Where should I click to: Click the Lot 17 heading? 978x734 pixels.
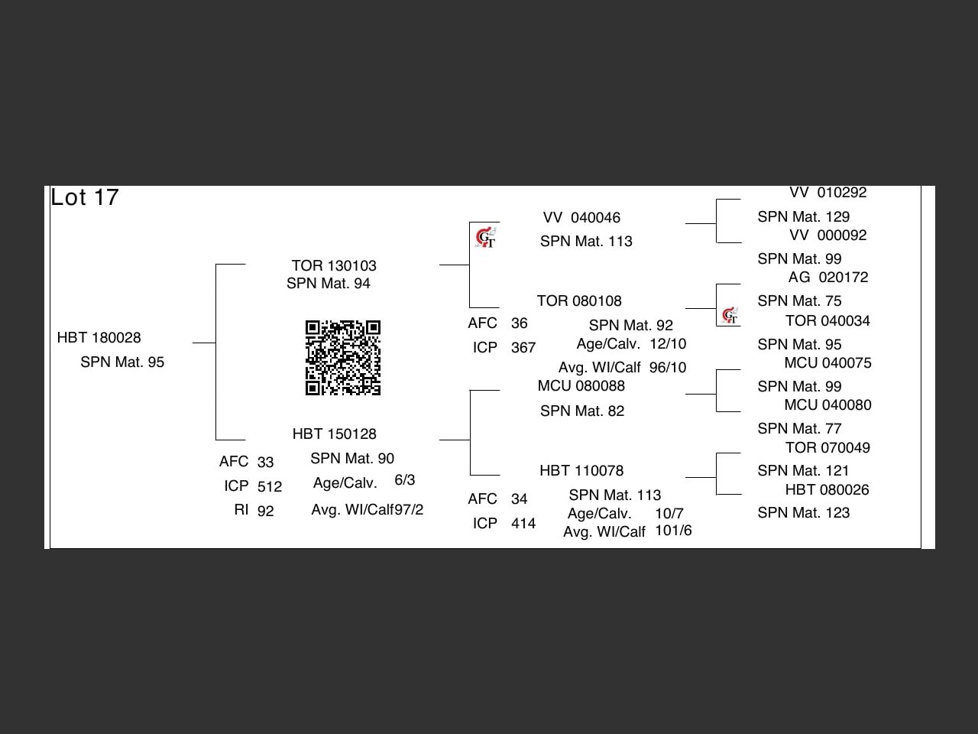(x=85, y=197)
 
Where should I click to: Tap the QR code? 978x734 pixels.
(x=343, y=358)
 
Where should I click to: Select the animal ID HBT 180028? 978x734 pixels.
(x=99, y=338)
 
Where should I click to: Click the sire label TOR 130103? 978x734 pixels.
(x=334, y=266)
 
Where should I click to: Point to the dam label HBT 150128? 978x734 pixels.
(x=334, y=434)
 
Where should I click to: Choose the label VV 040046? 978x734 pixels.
(x=581, y=218)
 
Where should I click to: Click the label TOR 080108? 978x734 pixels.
(x=579, y=301)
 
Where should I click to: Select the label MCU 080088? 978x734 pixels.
(x=581, y=386)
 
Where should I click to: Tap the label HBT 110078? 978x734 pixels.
(x=581, y=471)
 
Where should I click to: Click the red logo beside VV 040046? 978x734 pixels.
(x=485, y=238)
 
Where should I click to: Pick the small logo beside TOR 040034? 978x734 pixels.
(x=730, y=315)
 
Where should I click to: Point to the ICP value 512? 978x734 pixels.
(x=270, y=487)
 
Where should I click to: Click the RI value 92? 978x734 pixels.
(x=265, y=512)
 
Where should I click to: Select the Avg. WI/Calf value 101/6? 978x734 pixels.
(x=673, y=531)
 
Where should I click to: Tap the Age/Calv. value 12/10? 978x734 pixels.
(x=668, y=344)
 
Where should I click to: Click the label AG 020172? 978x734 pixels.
(x=828, y=278)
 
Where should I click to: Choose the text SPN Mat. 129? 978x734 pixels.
(x=803, y=217)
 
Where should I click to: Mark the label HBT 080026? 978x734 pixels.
(x=827, y=490)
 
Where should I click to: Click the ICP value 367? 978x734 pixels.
(x=523, y=348)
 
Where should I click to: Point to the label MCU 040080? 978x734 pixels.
(x=827, y=405)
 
